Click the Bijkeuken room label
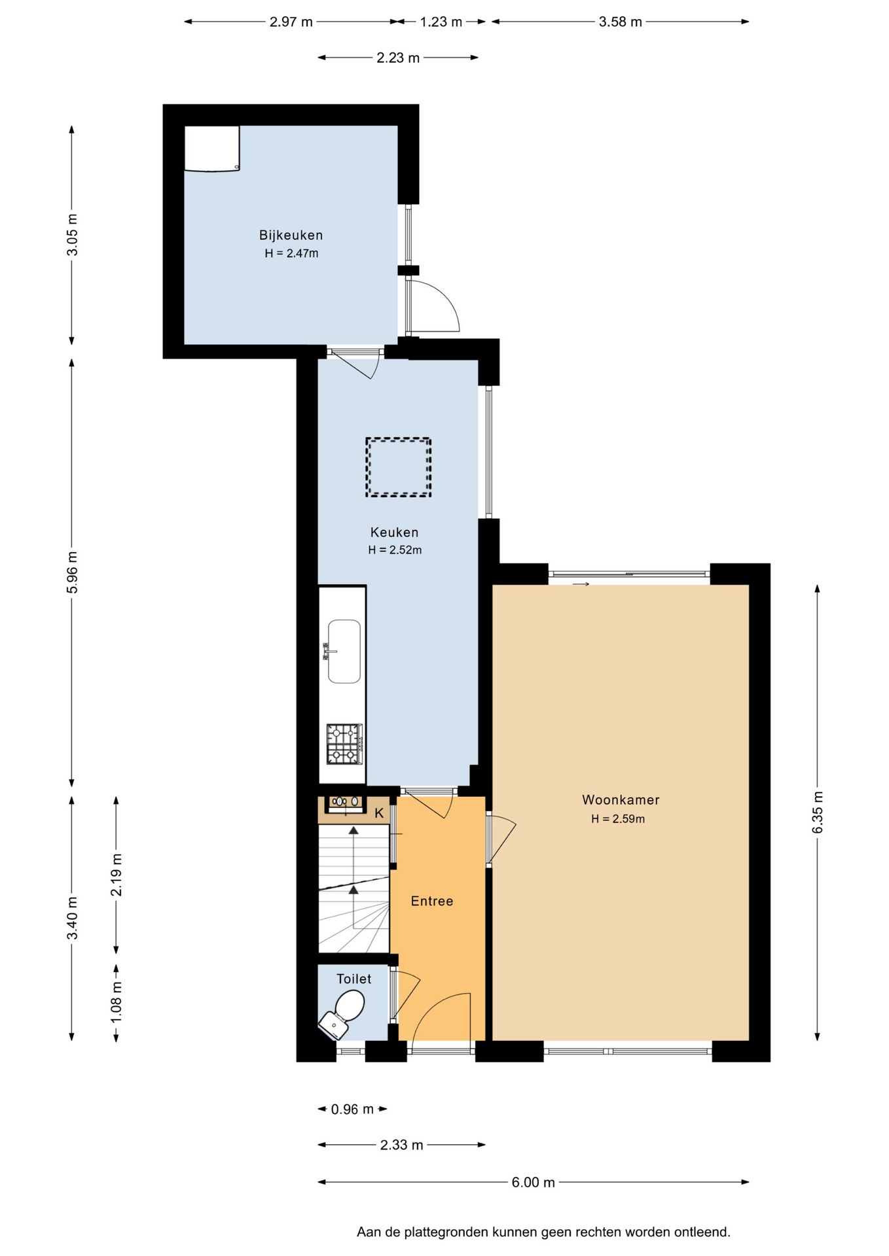point(291,235)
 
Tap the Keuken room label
point(394,532)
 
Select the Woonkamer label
point(621,799)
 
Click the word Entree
point(432,901)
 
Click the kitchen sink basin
point(344,652)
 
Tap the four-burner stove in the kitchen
point(344,744)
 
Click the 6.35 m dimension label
point(818,812)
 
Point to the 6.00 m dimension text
point(533,1182)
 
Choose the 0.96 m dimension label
point(352,1109)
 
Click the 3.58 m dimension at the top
point(620,22)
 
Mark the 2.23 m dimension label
point(398,58)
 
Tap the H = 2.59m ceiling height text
point(618,818)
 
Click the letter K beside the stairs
point(379,813)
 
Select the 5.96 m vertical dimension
point(72,572)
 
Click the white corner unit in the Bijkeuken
point(211,148)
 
